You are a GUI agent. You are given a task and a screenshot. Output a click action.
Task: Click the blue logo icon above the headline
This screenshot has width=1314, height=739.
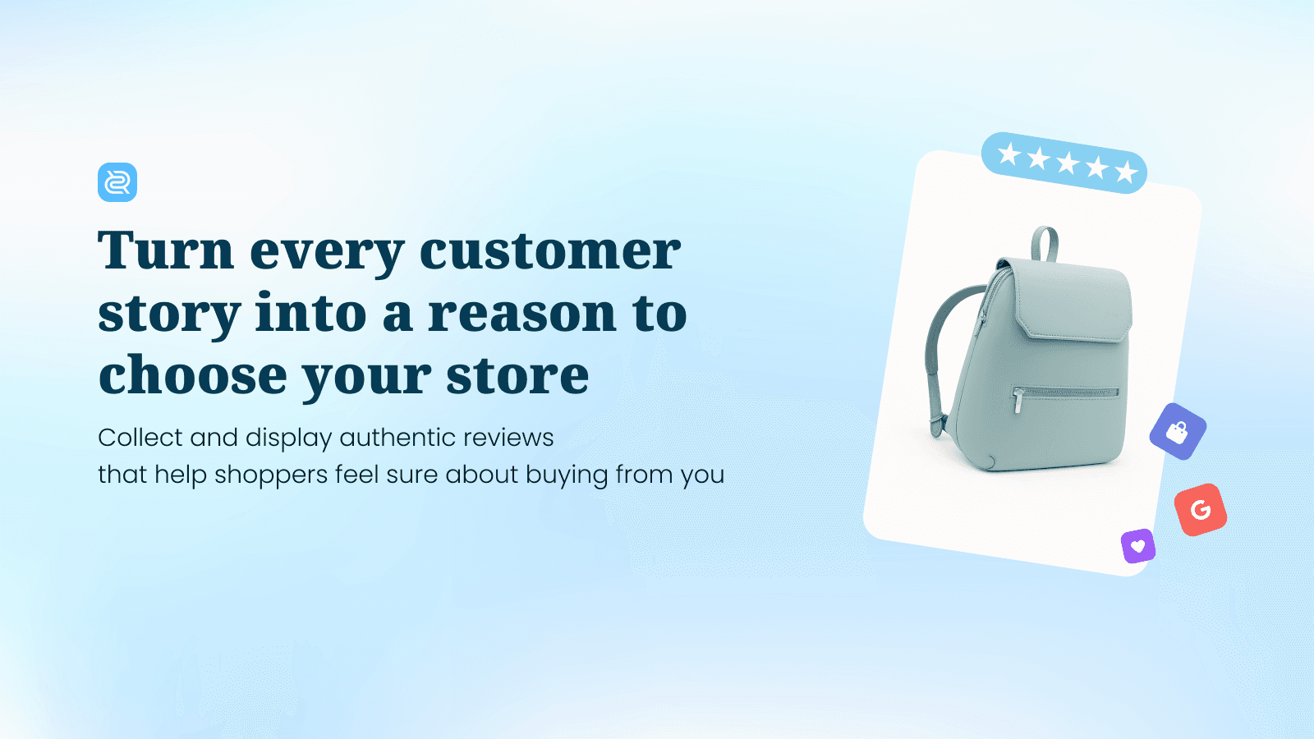(117, 182)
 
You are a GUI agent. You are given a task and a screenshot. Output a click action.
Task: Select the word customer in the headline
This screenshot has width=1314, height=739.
(549, 250)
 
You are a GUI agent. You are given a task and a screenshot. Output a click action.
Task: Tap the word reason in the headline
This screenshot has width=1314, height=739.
(521, 314)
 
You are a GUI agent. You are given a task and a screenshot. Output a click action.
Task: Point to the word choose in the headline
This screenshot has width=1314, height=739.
(192, 376)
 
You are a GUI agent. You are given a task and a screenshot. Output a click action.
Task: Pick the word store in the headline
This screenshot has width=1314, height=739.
(517, 376)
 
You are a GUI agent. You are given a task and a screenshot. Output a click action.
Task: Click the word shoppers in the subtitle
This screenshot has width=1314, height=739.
(271, 475)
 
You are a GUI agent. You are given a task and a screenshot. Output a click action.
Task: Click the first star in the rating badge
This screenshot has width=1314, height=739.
(1009, 154)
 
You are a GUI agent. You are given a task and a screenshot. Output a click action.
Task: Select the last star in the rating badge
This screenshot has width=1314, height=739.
(1126, 172)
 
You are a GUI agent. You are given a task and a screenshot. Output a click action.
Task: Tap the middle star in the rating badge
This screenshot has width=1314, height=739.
(1068, 163)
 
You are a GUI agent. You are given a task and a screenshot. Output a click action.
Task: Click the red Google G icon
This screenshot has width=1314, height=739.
(1201, 510)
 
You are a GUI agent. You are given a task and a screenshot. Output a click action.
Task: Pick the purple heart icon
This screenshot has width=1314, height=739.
(1138, 546)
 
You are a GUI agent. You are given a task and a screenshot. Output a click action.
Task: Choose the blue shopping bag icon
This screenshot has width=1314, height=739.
(1178, 431)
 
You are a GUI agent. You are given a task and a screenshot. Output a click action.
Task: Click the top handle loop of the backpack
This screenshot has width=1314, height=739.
(1045, 243)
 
